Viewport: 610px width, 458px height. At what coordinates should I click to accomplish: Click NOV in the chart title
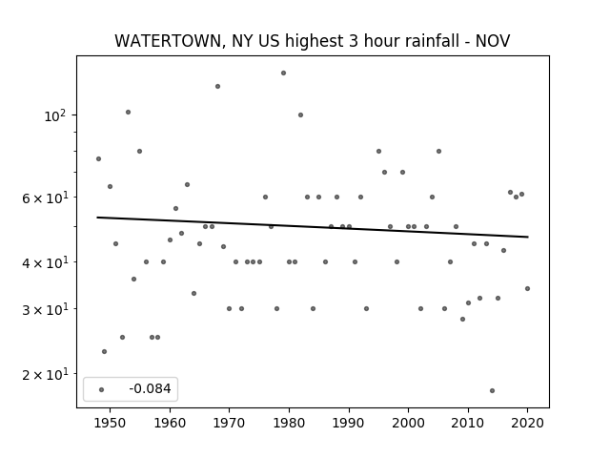click(493, 40)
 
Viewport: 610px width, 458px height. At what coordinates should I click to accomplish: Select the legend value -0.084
click(150, 388)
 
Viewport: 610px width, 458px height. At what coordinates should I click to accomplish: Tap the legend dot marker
click(102, 389)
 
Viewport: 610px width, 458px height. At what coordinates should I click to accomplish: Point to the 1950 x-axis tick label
click(111, 423)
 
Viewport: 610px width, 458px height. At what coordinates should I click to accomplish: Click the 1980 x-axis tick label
click(289, 423)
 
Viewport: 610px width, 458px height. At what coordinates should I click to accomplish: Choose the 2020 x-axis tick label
click(527, 423)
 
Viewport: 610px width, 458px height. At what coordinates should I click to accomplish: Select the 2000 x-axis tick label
click(408, 423)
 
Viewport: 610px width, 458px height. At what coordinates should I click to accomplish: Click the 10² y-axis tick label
click(55, 115)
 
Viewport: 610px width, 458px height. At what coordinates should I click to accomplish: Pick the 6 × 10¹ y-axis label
click(45, 198)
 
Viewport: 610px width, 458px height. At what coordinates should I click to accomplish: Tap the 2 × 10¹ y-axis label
click(45, 374)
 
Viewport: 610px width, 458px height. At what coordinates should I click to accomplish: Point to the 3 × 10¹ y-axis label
click(45, 309)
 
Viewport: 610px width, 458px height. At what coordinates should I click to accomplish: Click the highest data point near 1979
click(284, 73)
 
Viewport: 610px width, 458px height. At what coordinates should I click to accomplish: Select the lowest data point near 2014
click(492, 390)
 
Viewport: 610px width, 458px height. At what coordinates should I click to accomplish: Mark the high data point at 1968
click(218, 86)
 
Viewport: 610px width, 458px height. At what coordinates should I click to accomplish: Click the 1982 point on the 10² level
click(301, 114)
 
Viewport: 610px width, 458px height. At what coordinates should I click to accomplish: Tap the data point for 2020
click(527, 288)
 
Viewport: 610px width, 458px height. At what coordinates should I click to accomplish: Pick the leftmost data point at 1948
click(98, 158)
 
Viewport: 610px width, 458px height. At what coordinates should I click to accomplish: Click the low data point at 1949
click(104, 352)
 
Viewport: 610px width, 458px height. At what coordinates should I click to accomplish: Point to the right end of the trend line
click(528, 237)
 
